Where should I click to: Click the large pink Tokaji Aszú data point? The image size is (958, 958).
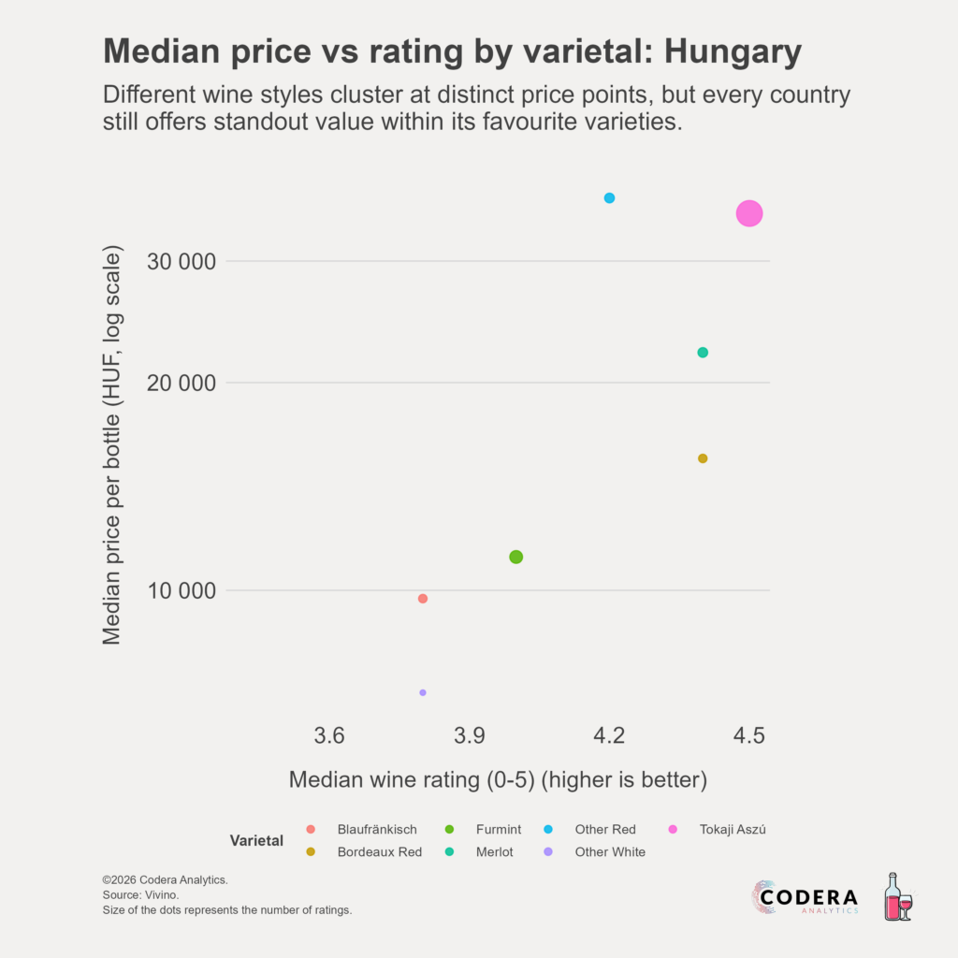[748, 213]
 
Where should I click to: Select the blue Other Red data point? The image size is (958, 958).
[609, 198]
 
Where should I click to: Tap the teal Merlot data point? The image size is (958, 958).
[703, 353]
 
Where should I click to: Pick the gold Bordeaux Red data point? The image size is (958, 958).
[703, 458]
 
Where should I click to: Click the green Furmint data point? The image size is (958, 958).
[515, 557]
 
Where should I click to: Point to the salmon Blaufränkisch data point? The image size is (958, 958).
[423, 599]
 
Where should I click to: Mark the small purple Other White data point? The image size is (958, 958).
[423, 692]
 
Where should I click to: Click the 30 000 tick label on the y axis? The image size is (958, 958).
[182, 261]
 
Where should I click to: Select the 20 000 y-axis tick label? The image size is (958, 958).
[182, 383]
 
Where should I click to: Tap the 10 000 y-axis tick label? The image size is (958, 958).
[182, 590]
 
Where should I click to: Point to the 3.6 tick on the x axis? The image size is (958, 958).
[329, 735]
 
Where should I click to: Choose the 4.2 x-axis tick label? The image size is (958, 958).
[609, 735]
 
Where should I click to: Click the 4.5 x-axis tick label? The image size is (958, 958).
[748, 735]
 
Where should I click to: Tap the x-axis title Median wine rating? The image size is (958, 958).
[497, 779]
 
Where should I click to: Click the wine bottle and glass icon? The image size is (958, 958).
[897, 897]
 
